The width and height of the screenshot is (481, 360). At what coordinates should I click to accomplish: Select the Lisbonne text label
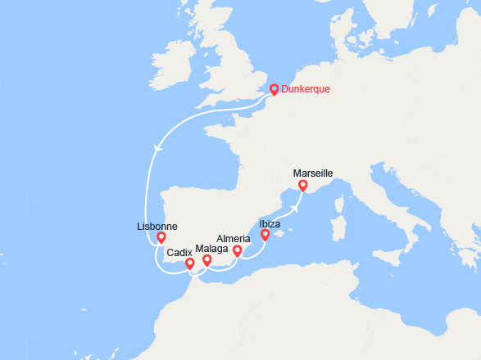click(x=157, y=227)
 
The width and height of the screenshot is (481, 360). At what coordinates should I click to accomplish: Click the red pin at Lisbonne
click(x=161, y=237)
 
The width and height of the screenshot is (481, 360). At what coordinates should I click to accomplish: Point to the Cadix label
click(x=179, y=253)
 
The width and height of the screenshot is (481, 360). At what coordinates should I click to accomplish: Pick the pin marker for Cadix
click(x=190, y=263)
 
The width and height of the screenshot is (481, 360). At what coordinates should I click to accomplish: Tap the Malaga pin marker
click(x=207, y=260)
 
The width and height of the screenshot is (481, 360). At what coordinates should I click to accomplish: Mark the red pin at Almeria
click(x=238, y=250)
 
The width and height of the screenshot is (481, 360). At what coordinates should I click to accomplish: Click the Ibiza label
click(x=270, y=223)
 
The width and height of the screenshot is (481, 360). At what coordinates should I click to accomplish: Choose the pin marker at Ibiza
click(x=265, y=235)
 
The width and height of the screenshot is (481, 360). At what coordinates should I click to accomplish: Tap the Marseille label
click(x=313, y=173)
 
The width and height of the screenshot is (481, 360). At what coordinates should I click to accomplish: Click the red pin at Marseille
click(x=303, y=186)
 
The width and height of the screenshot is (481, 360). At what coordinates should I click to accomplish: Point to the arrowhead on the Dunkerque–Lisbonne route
click(x=156, y=146)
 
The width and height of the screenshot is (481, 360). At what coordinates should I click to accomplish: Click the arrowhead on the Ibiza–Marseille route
click(x=292, y=206)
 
